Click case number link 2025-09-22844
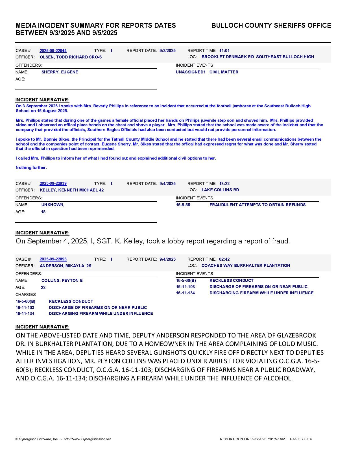click(x=53, y=51)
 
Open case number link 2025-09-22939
click(x=53, y=184)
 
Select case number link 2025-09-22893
click(x=53, y=259)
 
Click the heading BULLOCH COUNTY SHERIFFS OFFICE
click(x=271, y=25)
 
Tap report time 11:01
click(x=224, y=51)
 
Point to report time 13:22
click(x=224, y=184)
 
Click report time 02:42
click(x=224, y=259)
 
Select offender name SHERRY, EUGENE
click(x=60, y=72)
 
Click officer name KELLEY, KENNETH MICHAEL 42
click(x=72, y=190)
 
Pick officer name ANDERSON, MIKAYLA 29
click(x=66, y=266)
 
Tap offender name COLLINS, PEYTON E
click(x=62, y=280)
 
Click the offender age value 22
click(x=43, y=288)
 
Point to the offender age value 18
click(x=43, y=212)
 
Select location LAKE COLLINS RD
click(x=220, y=190)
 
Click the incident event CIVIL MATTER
click(x=224, y=72)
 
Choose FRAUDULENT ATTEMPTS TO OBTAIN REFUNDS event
click(x=258, y=205)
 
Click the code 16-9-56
click(x=183, y=205)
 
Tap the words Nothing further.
click(x=31, y=167)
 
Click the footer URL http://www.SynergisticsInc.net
click(x=87, y=439)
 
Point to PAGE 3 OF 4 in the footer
click(x=301, y=439)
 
